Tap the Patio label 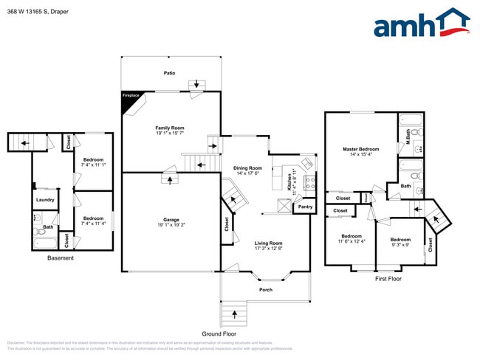pos(169,73)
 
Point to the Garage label pos(171,219)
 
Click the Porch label pos(266,289)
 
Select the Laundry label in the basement pos(44,200)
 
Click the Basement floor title pos(61,258)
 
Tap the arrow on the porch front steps pos(236,314)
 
